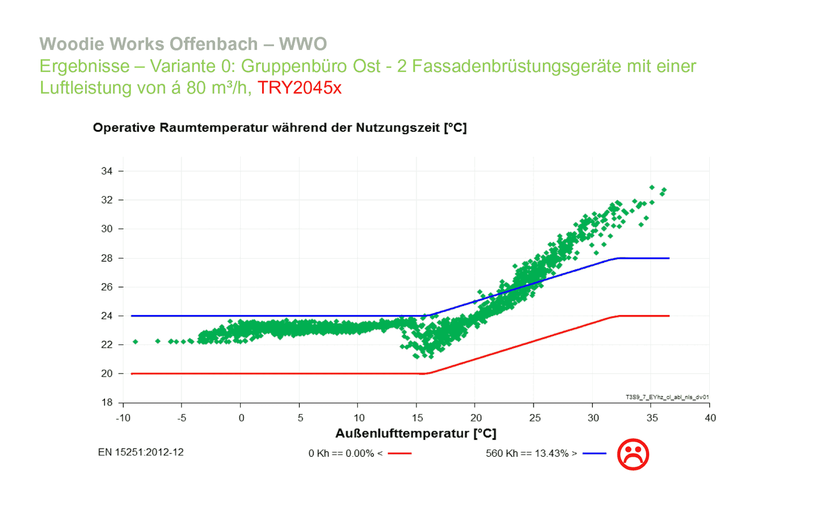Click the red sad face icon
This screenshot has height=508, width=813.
pyautogui.click(x=633, y=454)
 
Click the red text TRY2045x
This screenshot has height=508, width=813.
pyautogui.click(x=300, y=87)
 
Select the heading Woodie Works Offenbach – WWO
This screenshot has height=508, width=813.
pyautogui.click(x=183, y=44)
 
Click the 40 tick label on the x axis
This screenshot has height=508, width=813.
pyautogui.click(x=709, y=417)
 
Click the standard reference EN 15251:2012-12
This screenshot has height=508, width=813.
pyautogui.click(x=141, y=452)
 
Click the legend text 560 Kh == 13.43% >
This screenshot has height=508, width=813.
pyautogui.click(x=532, y=454)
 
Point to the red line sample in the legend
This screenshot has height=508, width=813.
pyautogui.click(x=399, y=454)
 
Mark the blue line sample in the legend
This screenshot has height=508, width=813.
pyautogui.click(x=594, y=454)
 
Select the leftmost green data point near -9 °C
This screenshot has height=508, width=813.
pyautogui.click(x=135, y=342)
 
